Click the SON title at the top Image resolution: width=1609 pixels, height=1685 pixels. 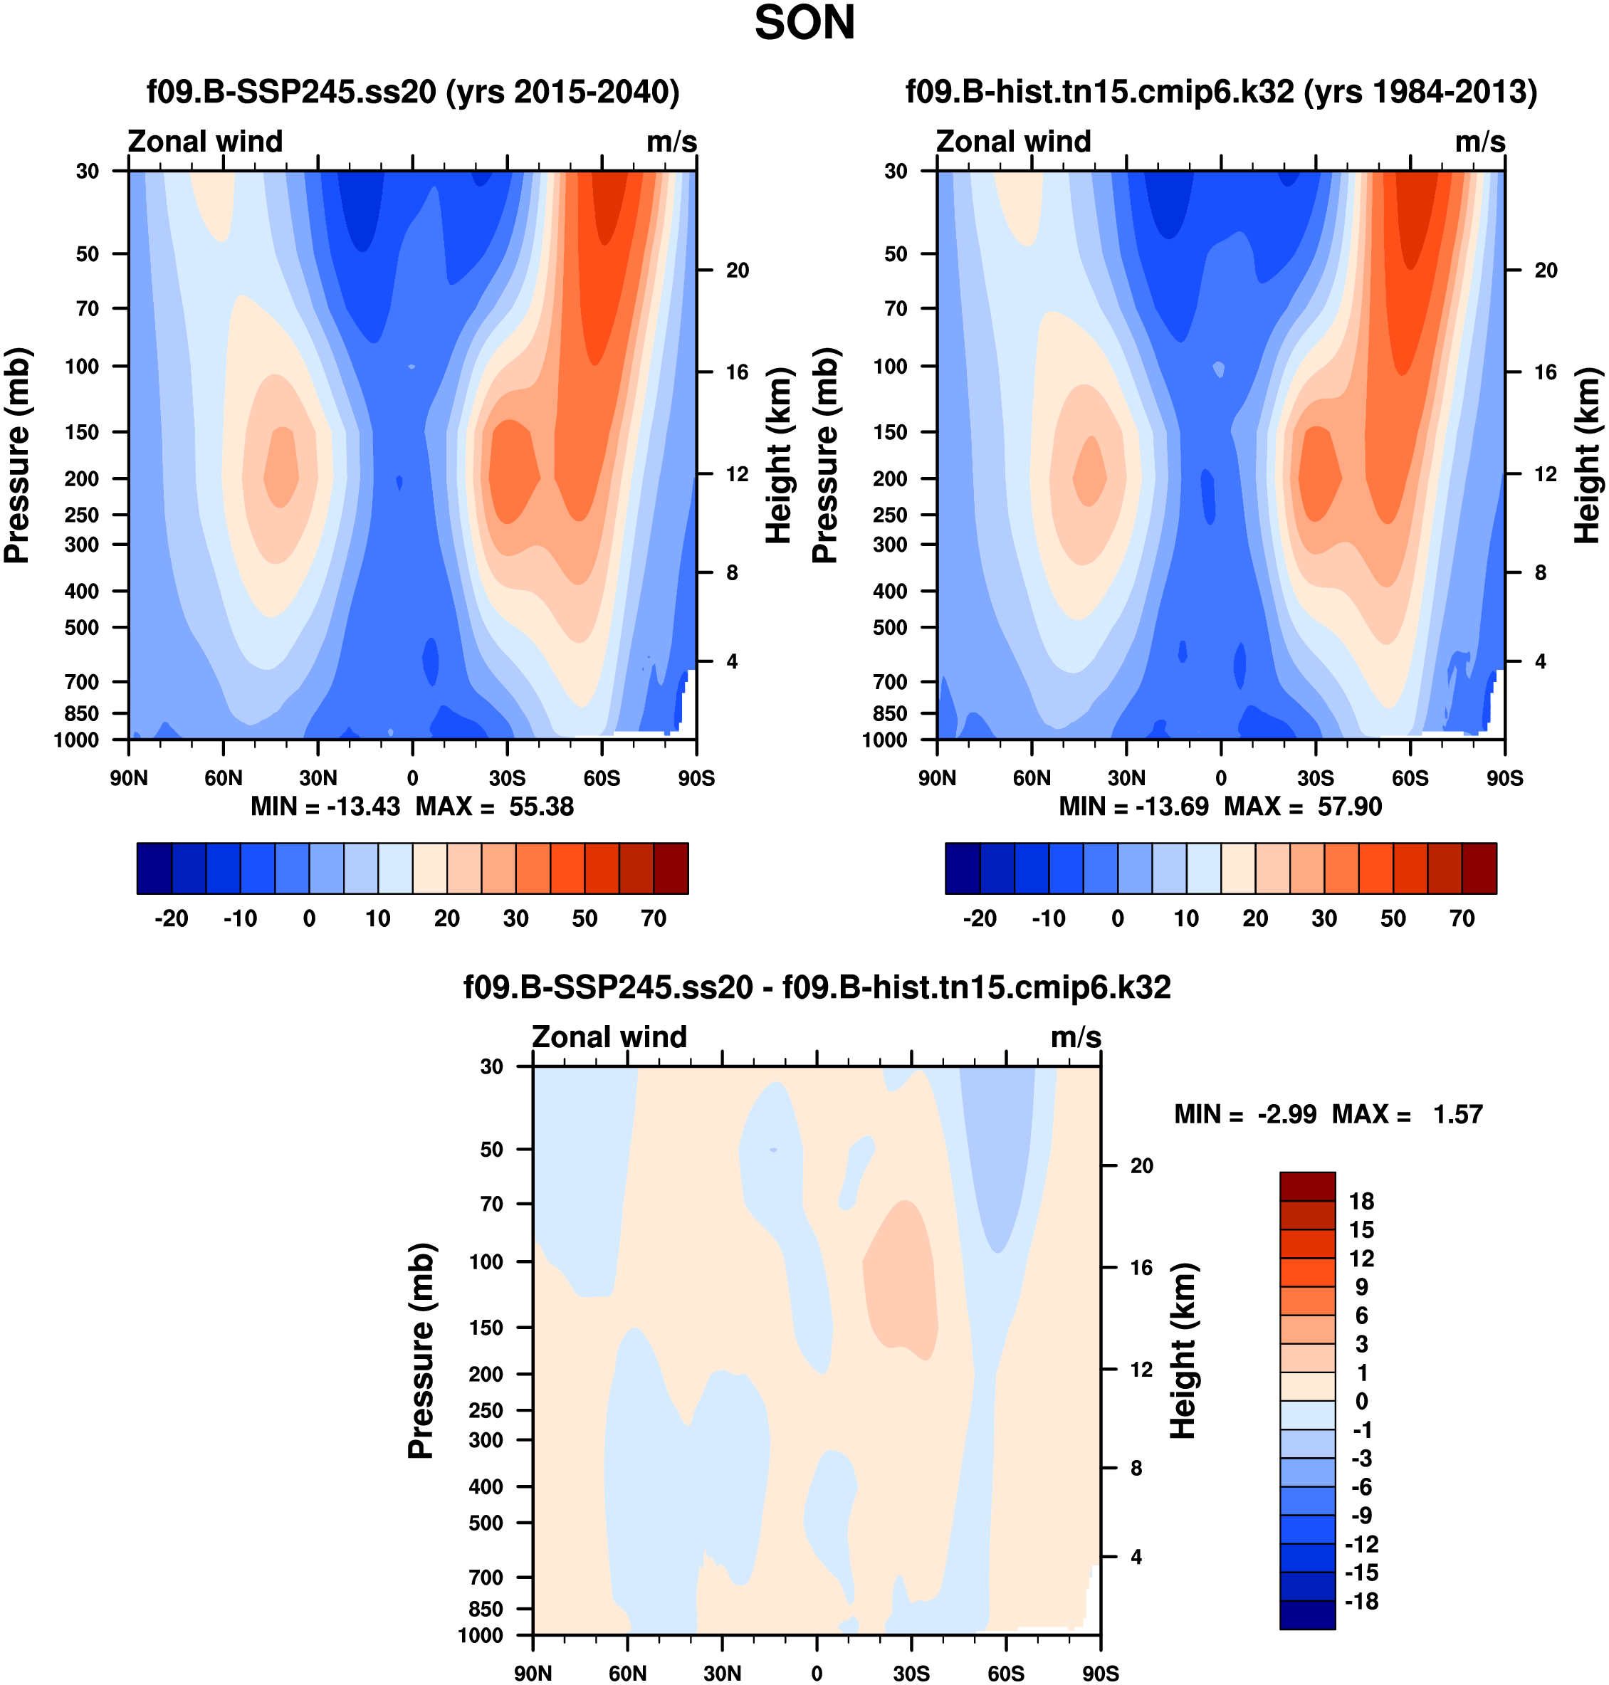pos(804,23)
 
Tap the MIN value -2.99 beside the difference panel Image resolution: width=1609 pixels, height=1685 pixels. pos(1286,1115)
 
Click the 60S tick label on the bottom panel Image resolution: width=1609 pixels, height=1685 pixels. pos(1005,1673)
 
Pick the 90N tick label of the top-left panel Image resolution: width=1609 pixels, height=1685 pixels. pos(129,779)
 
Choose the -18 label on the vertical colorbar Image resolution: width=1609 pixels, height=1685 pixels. pos(1361,1601)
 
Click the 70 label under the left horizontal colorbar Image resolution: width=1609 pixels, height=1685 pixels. pos(654,919)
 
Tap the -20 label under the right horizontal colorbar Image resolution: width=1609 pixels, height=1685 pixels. pos(980,919)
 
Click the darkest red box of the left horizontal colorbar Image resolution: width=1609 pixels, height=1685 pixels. pos(671,868)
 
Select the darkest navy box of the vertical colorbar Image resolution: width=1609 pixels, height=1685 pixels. pos(1307,1615)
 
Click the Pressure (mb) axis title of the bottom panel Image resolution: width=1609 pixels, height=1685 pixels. pos(421,1350)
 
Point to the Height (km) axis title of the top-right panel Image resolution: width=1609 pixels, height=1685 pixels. pos(1587,456)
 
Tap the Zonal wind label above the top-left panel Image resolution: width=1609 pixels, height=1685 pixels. pos(205,142)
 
